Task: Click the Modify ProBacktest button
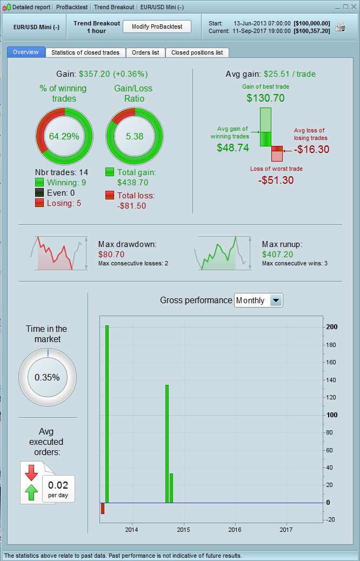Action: pyautogui.click(x=157, y=26)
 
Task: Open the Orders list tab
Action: pyautogui.click(x=145, y=52)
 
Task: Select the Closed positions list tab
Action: pyautogui.click(x=197, y=52)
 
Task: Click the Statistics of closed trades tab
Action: pyautogui.click(x=85, y=52)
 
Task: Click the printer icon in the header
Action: pyautogui.click(x=340, y=27)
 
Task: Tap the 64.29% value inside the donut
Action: pyautogui.click(x=64, y=136)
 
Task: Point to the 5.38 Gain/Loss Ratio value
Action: pyautogui.click(x=135, y=136)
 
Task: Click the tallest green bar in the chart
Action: pyautogui.click(x=107, y=414)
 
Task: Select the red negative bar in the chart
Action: pyautogui.click(x=103, y=508)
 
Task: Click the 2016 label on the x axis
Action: pyautogui.click(x=235, y=530)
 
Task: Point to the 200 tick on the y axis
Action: pyautogui.click(x=332, y=327)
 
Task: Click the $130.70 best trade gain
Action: pyautogui.click(x=265, y=98)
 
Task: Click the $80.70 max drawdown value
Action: pyautogui.click(x=111, y=254)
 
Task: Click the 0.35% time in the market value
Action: pyautogui.click(x=47, y=377)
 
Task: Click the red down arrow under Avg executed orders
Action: pyautogui.click(x=31, y=472)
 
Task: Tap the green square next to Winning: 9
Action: pyautogui.click(x=39, y=183)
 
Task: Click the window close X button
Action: pyautogui.click(x=354, y=7)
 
